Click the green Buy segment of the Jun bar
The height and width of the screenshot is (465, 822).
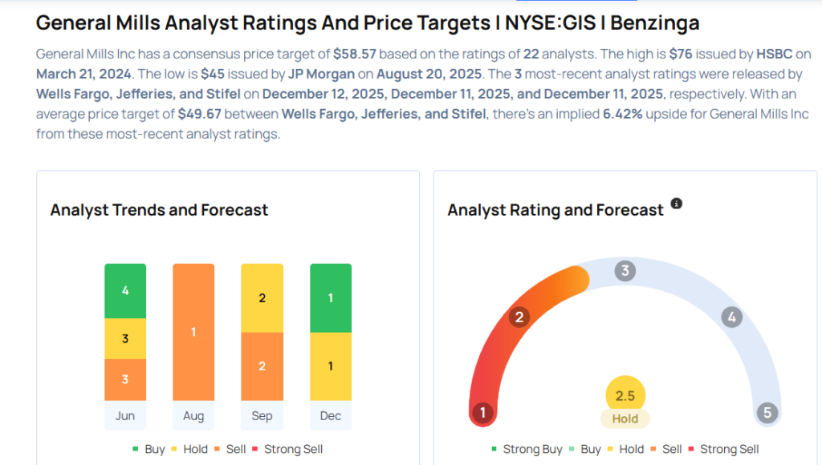[125, 291]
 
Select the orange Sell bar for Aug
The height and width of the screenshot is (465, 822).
[193, 331]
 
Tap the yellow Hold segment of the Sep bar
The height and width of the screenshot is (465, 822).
[262, 297]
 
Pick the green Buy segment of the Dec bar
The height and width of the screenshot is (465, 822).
[331, 297]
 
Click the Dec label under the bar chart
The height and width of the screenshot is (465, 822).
[331, 415]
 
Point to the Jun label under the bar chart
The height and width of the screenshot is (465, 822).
[125, 415]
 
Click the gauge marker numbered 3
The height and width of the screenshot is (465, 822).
[625, 270]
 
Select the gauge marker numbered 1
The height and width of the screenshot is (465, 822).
[482, 413]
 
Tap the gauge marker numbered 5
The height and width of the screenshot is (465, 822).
[767, 413]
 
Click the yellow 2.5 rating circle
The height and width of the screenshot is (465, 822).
[625, 396]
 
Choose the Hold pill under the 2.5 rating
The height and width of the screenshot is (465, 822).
[625, 418]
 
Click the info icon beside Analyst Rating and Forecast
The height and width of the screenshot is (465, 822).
[677, 204]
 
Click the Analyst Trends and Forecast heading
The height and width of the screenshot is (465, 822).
[159, 210]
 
